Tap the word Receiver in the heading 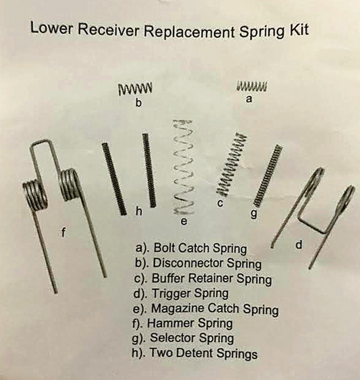point(109,30)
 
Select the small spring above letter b point(135,89)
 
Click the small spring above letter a point(252,86)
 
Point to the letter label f point(63,233)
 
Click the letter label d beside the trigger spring point(299,245)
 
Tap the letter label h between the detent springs point(138,211)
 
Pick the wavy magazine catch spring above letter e point(184,168)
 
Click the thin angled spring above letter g point(268,176)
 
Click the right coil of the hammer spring point(70,185)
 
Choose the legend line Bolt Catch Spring point(191,248)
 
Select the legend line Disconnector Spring point(198,264)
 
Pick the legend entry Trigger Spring point(181,294)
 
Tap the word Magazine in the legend point(178,309)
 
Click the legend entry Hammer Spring point(183,323)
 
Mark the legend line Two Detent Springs point(194,353)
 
